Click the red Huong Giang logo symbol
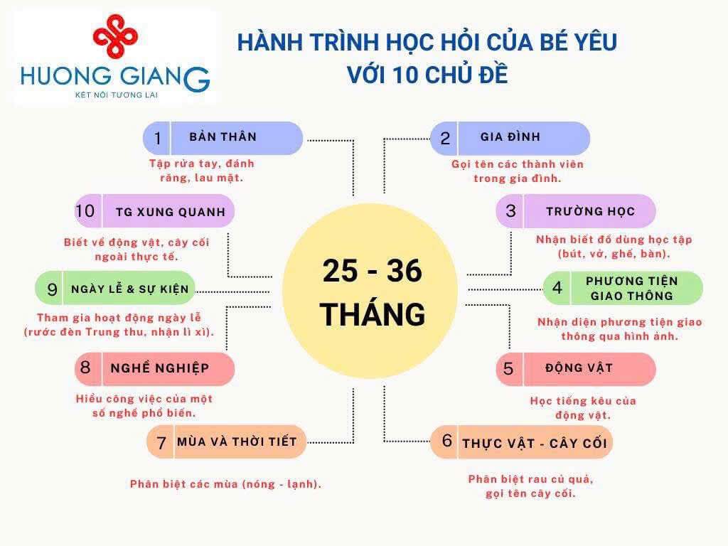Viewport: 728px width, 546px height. (x=115, y=36)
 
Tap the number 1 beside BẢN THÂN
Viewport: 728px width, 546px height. (x=158, y=138)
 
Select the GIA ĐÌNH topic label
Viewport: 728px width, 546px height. (x=510, y=136)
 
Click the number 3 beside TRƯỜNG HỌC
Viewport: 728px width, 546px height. (x=510, y=210)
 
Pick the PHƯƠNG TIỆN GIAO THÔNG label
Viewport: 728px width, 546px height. (x=631, y=289)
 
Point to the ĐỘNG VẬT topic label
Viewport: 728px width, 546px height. (x=579, y=368)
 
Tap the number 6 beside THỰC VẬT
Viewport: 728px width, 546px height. (x=447, y=440)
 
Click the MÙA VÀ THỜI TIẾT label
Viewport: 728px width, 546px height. (x=237, y=441)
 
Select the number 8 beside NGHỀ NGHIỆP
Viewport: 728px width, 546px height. (x=85, y=368)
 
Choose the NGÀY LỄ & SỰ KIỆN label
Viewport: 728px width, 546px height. (x=130, y=289)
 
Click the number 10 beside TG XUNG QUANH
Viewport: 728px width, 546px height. (x=85, y=210)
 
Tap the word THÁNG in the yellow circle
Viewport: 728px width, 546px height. (x=373, y=314)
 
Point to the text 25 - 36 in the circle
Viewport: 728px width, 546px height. (x=373, y=271)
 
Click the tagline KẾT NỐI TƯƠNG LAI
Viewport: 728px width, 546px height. (x=117, y=95)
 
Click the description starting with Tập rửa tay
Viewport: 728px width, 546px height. (x=202, y=171)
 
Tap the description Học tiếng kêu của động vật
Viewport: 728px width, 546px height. (x=583, y=407)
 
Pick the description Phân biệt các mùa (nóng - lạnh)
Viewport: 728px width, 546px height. (x=225, y=483)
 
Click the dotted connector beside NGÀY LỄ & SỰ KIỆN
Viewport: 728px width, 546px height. (x=232, y=292)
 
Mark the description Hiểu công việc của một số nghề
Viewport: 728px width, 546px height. (x=144, y=405)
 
